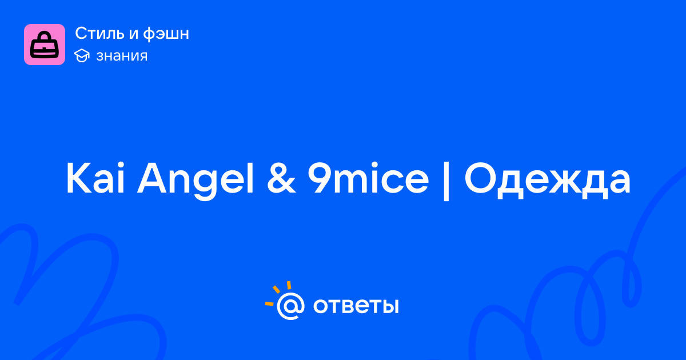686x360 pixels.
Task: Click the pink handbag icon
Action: [45, 45]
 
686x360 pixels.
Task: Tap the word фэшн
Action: [166, 34]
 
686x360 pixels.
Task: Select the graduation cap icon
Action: [82, 55]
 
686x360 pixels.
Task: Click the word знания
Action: [122, 56]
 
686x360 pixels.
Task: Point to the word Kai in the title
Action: [95, 178]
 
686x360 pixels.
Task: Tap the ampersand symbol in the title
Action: [281, 178]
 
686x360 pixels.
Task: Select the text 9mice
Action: [368, 178]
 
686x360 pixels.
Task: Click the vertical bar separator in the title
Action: [446, 181]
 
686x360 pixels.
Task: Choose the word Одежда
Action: [548, 181]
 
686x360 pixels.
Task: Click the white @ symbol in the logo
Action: [290, 306]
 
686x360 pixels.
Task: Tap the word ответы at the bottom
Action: [356, 306]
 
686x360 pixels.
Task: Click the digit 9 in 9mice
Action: [319, 178]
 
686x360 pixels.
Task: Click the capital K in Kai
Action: [78, 178]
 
